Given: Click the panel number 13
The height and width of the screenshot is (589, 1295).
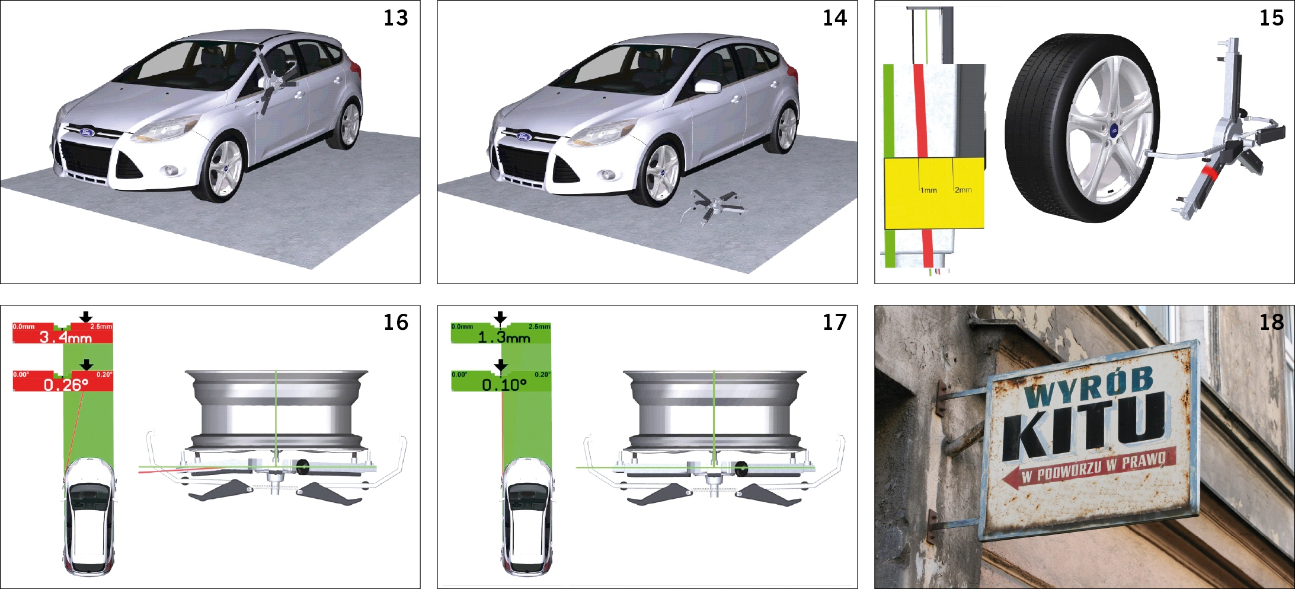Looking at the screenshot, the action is (395, 18).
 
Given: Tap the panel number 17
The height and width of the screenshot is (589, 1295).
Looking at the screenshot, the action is (834, 322).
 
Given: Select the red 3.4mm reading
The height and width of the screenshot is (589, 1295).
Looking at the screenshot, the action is (65, 338).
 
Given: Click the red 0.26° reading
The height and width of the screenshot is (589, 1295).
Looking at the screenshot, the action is (66, 385).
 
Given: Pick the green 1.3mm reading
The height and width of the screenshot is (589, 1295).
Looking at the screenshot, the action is (504, 338).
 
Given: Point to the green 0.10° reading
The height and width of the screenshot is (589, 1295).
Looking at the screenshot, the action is (504, 385).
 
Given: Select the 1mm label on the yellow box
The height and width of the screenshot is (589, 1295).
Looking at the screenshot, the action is (929, 190).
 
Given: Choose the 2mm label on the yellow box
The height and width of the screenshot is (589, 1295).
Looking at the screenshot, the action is (963, 190).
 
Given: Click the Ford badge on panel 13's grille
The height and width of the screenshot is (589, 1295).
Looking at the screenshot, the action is (87, 132).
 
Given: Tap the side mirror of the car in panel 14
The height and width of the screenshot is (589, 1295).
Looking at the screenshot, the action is (708, 87).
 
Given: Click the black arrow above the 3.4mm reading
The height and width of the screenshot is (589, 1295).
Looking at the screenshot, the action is (86, 317).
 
